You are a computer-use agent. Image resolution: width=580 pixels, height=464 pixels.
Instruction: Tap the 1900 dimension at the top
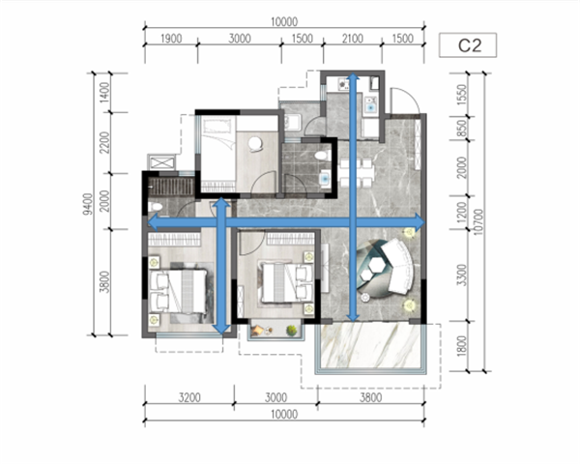[x=171, y=39]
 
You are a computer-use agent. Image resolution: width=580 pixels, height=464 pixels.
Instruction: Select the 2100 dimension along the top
[x=352, y=39]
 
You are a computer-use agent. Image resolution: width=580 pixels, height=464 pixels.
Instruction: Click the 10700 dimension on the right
[x=478, y=221]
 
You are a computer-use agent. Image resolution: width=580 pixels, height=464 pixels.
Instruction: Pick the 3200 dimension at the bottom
[x=189, y=397]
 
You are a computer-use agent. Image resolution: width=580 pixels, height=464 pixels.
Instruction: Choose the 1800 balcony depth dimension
[x=462, y=346]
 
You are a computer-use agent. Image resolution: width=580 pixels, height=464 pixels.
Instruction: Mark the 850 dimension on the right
[x=462, y=128]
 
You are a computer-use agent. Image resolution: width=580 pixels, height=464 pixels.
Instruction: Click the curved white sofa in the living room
[x=398, y=267]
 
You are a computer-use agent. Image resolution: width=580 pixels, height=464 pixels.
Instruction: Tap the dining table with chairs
[x=356, y=172]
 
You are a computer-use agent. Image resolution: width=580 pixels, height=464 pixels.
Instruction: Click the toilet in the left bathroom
[x=156, y=206]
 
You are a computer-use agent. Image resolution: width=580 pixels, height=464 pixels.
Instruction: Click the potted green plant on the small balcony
[x=292, y=330]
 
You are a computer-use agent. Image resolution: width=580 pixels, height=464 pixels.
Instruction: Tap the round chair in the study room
[x=255, y=144]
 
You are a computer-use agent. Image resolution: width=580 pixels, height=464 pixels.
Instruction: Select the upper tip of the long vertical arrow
[x=353, y=73]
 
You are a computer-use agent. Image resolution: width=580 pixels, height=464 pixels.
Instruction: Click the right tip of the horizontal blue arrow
[x=424, y=222]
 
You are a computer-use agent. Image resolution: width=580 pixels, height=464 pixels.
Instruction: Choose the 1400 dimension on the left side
[x=105, y=93]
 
